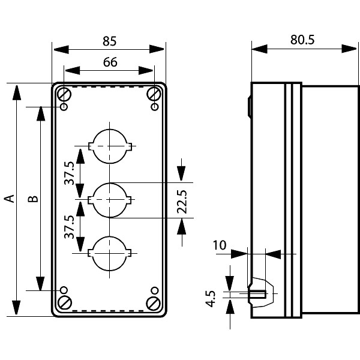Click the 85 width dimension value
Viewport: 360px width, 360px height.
pos(109,41)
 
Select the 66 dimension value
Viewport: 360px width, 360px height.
pos(109,62)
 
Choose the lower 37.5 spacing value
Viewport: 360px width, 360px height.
pos(70,227)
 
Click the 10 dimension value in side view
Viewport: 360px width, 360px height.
pos(220,245)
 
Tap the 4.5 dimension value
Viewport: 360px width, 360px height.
pos(211,298)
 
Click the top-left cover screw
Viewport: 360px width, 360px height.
pos(64,94)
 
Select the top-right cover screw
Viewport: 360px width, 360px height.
pos(154,94)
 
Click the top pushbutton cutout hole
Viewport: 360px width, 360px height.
pos(109,145)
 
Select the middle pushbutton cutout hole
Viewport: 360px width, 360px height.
pos(109,199)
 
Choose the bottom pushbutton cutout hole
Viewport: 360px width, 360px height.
pos(109,253)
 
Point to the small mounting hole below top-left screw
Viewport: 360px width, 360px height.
pos(64,107)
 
